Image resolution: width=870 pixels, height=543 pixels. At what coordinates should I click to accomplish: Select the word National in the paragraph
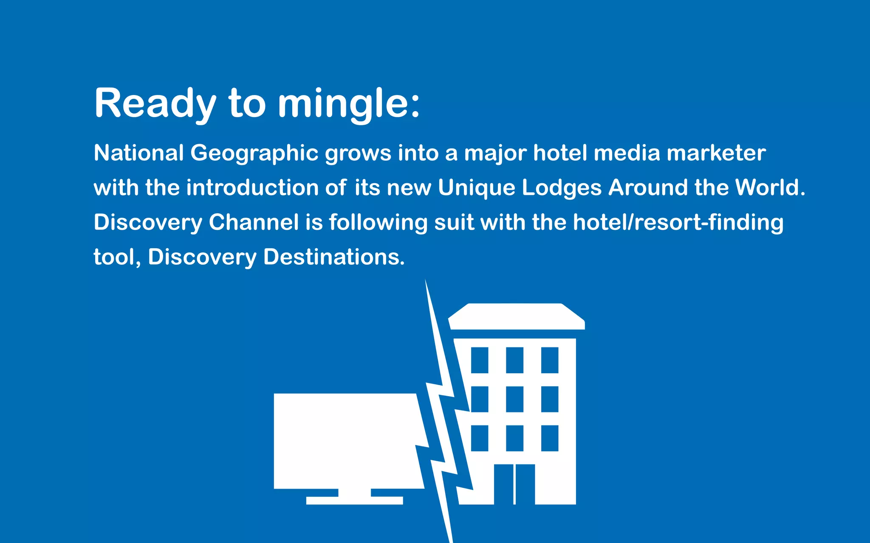pyautogui.click(x=138, y=153)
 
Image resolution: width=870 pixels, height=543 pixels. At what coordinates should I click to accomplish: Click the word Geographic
pyautogui.click(x=254, y=153)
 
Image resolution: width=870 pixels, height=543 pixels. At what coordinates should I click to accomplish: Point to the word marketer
pyautogui.click(x=716, y=153)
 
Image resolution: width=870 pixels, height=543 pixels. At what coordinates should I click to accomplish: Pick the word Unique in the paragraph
pyautogui.click(x=476, y=188)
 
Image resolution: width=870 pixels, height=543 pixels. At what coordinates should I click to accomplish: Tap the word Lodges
pyautogui.click(x=562, y=188)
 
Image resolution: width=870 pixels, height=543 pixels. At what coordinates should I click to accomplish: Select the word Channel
pyautogui.click(x=254, y=222)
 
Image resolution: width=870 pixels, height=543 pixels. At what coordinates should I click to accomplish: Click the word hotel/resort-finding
pyautogui.click(x=678, y=222)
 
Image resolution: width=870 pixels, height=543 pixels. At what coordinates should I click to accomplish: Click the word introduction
pyautogui.click(x=252, y=188)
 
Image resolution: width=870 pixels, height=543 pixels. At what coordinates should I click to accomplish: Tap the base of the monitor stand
pyautogui.click(x=354, y=500)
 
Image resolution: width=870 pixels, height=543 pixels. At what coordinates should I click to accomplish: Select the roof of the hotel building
pyautogui.click(x=516, y=316)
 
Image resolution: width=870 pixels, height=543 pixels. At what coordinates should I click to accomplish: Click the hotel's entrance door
pyautogui.click(x=514, y=484)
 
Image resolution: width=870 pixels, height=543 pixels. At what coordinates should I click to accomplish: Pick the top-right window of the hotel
pyautogui.click(x=550, y=360)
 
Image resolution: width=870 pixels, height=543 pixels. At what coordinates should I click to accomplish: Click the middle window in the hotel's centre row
pyautogui.click(x=514, y=399)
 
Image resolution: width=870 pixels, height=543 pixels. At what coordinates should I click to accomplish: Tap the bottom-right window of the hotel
pyautogui.click(x=550, y=438)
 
